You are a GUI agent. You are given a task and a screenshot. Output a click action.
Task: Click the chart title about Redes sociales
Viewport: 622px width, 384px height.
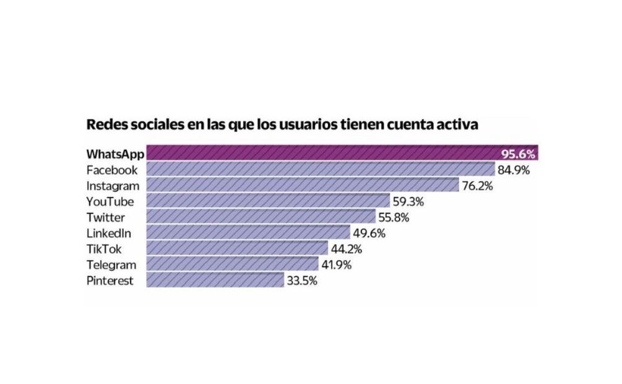pyautogui.click(x=282, y=124)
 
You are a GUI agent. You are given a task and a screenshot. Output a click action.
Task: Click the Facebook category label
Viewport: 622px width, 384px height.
pyautogui.click(x=112, y=169)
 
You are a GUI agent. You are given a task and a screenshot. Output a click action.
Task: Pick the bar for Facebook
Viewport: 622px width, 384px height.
pyautogui.click(x=320, y=169)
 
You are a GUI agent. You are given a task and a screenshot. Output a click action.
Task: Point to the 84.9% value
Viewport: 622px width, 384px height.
pyautogui.click(x=513, y=169)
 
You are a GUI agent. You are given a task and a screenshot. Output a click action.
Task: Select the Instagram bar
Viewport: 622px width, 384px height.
pyautogui.click(x=302, y=185)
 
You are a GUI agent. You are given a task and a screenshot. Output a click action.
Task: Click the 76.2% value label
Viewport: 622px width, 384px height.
pyautogui.click(x=476, y=185)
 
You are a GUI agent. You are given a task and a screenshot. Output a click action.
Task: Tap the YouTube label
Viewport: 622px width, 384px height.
pyautogui.click(x=110, y=201)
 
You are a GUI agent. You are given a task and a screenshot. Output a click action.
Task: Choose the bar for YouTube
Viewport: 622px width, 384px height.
pyautogui.click(x=267, y=201)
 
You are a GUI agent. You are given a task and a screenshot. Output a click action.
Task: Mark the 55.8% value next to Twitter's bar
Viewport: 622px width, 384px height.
pyautogui.click(x=393, y=217)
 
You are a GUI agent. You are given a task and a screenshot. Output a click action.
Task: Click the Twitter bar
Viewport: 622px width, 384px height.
pyautogui.click(x=260, y=217)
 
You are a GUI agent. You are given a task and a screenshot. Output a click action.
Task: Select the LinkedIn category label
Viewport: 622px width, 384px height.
pyautogui.click(x=108, y=233)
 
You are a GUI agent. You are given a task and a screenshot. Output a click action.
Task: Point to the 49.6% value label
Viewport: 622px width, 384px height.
pyautogui.click(x=368, y=233)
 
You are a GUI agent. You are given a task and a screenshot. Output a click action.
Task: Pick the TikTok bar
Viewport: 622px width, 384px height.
pyautogui.click(x=236, y=248)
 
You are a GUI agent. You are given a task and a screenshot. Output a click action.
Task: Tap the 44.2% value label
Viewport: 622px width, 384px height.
pyautogui.click(x=345, y=249)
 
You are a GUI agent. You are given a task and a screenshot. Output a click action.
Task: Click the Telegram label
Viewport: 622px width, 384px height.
pyautogui.click(x=111, y=264)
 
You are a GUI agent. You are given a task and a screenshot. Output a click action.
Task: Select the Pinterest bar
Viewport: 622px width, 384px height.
pyautogui.click(x=215, y=281)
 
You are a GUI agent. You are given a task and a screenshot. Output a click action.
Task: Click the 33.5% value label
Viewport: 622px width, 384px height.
pyautogui.click(x=302, y=281)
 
